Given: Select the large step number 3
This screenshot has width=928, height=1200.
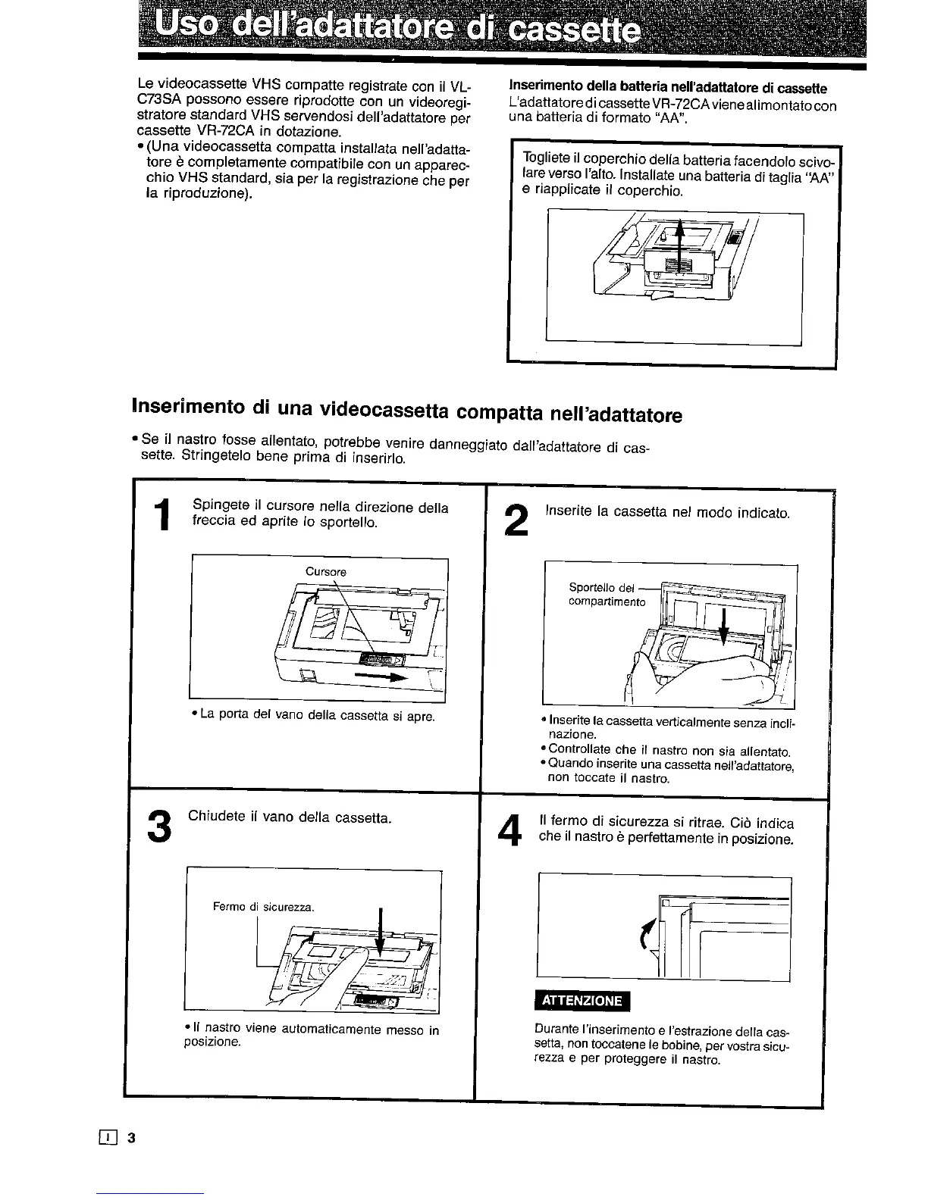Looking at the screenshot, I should pyautogui.click(x=159, y=826).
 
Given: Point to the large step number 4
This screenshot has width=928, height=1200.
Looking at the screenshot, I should pyautogui.click(x=513, y=831).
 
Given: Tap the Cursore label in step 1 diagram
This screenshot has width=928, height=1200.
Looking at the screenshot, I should pyautogui.click(x=325, y=572).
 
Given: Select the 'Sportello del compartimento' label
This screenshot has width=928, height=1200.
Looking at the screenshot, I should pyautogui.click(x=607, y=595).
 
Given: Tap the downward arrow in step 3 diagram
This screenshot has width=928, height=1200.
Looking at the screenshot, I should pyautogui.click(x=380, y=935).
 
